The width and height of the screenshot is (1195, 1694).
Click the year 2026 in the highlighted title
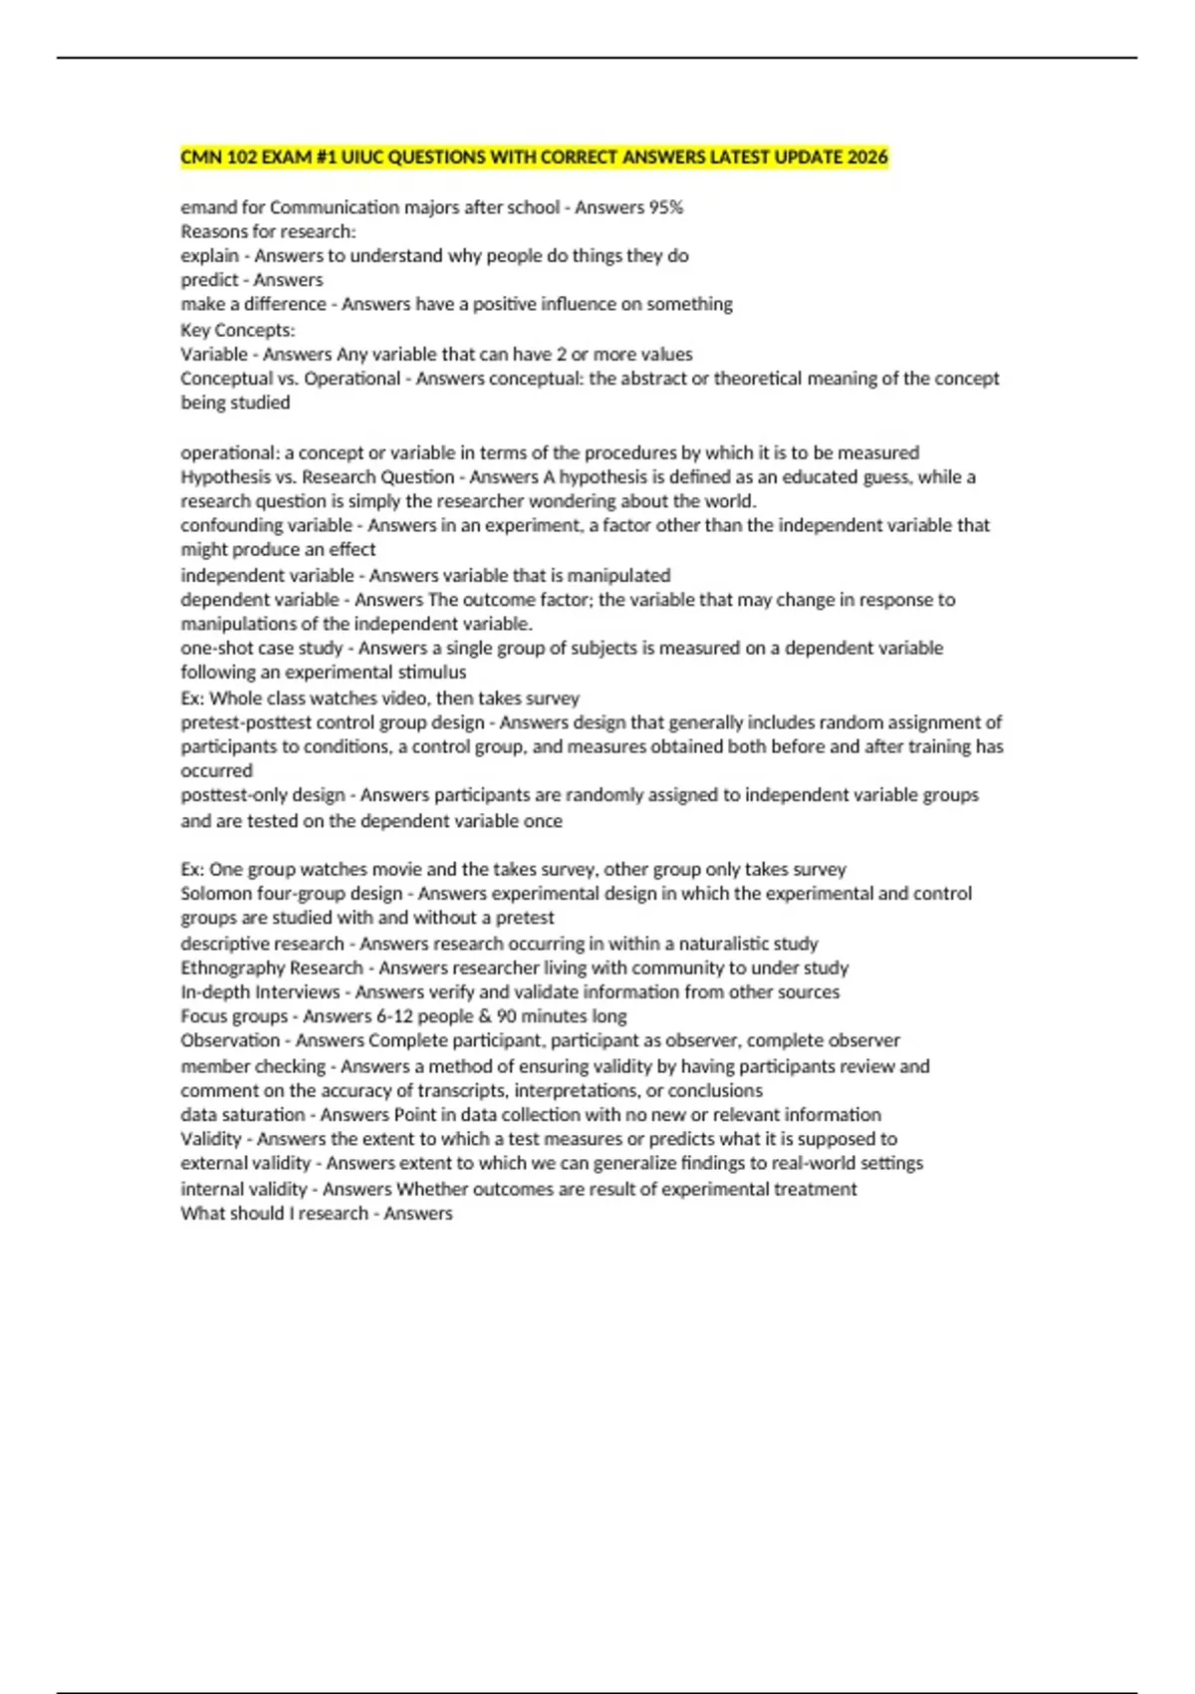[866, 157]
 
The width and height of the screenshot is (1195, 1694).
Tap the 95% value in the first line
[665, 207]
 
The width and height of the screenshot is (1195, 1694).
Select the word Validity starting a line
[211, 1139]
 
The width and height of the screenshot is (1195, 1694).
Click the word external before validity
[212, 1163]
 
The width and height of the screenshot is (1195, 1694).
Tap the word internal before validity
[211, 1189]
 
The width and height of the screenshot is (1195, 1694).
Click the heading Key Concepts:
[238, 330]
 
